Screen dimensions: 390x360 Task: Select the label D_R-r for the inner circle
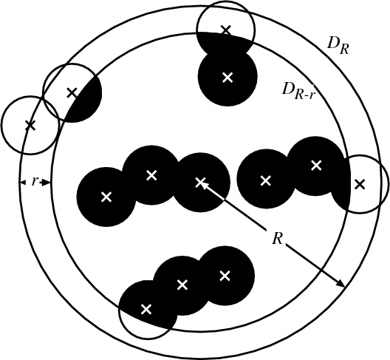coord(298,91)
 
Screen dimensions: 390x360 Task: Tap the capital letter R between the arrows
coord(277,239)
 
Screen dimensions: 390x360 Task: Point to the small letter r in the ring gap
coord(35,182)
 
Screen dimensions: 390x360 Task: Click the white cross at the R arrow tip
coord(200,183)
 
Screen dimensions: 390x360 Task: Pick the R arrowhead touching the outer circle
coord(341,284)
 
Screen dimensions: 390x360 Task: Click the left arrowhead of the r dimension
coord(23,183)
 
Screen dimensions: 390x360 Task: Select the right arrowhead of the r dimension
coord(47,183)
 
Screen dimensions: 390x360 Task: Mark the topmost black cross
coord(226,30)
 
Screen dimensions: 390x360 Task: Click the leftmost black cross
coord(31,125)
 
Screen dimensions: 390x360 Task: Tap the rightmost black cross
coord(360,185)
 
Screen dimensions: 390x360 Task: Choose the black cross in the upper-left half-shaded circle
coord(72,93)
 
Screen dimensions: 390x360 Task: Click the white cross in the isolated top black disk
coord(227,77)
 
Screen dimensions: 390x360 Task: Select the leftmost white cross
coord(106,197)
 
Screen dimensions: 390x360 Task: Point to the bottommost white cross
coord(146,309)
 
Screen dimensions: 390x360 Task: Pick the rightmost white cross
coord(316,166)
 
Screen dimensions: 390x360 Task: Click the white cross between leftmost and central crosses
coord(151,175)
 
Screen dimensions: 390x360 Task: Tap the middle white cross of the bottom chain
coord(182,285)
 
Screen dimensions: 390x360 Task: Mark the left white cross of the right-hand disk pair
coord(265,181)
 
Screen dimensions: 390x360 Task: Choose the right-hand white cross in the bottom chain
coord(225,276)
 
